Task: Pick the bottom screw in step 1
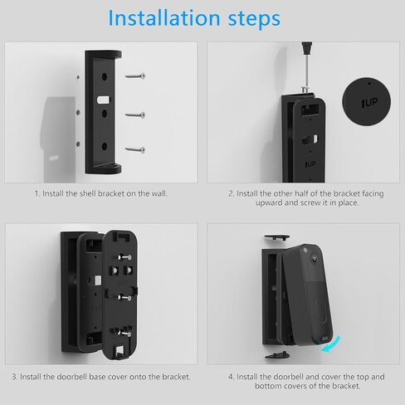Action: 136,149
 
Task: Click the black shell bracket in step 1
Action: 103,112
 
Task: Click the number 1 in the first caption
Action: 36,193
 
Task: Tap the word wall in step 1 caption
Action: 159,193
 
